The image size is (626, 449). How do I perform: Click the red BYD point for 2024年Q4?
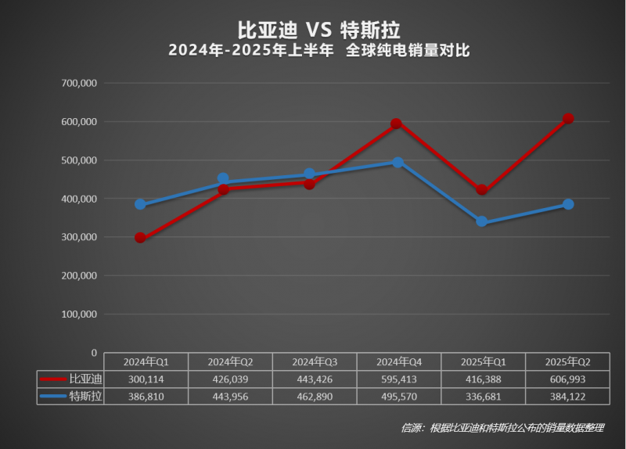point(396,124)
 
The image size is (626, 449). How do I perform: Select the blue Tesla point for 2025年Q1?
point(481,221)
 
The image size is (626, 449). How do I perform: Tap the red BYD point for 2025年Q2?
point(568,119)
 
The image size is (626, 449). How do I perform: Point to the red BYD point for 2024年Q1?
point(140,238)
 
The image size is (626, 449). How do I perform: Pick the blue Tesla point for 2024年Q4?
point(398,162)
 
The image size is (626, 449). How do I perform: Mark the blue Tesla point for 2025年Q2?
point(569,204)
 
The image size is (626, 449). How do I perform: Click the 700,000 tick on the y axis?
point(77,83)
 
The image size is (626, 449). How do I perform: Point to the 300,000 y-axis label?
point(77,237)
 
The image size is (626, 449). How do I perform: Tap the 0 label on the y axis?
point(92,353)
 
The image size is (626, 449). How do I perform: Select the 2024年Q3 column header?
point(314,361)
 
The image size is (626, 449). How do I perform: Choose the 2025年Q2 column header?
point(567,361)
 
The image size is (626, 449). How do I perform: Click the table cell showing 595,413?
point(398,379)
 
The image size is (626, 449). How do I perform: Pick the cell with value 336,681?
point(483,397)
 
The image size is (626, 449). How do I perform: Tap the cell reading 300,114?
point(145,379)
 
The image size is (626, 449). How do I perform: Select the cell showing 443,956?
point(229,397)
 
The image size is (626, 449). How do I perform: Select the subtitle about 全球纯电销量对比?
point(318,51)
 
